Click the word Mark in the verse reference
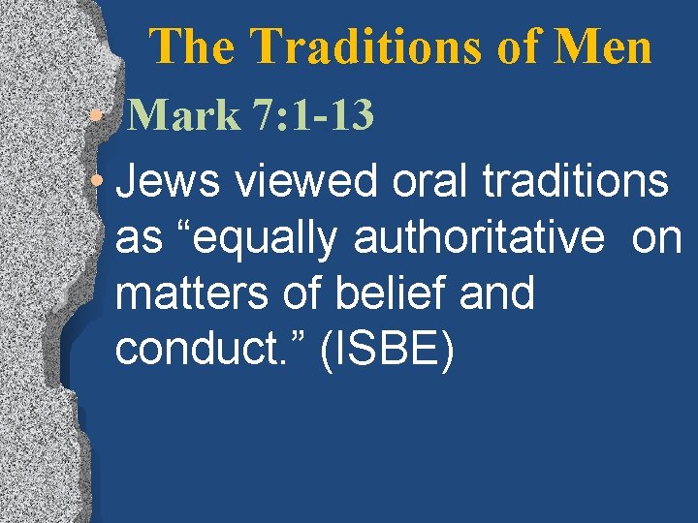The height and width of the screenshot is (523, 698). pyautogui.click(x=183, y=116)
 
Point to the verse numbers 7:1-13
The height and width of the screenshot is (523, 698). pyautogui.click(x=312, y=116)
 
